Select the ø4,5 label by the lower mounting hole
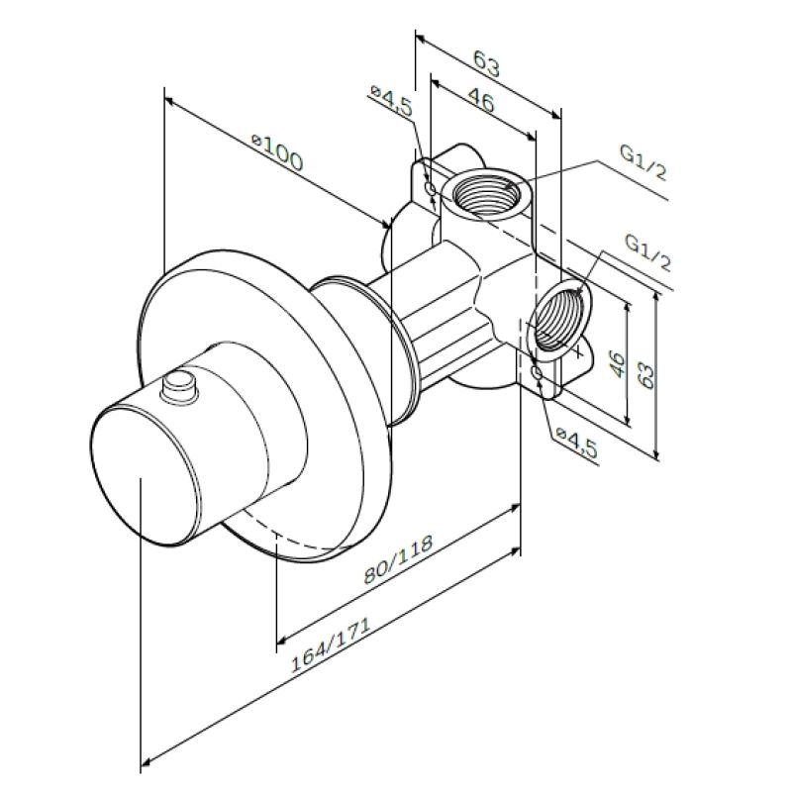(576, 441)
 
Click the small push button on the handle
(180, 384)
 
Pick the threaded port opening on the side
(556, 319)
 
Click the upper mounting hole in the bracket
(429, 186)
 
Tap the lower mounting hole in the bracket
(536, 373)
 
